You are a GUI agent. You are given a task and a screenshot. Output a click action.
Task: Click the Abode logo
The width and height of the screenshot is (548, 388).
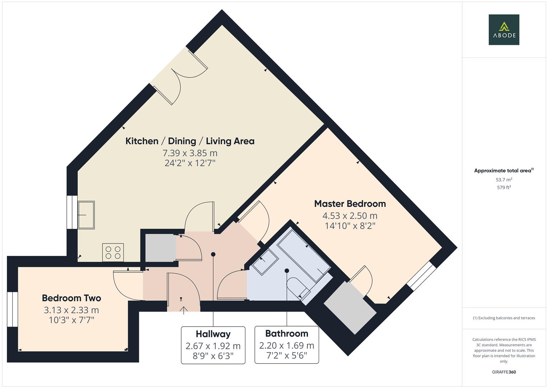click(x=503, y=29)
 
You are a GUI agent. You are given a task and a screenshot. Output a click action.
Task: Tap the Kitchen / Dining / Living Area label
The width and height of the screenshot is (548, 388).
click(x=190, y=141)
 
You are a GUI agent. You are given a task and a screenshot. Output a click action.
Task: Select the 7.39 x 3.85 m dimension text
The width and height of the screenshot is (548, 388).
click(x=190, y=153)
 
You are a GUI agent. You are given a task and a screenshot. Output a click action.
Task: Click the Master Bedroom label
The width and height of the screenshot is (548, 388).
click(x=350, y=204)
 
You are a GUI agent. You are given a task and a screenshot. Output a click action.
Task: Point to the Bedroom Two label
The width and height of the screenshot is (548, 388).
click(x=71, y=298)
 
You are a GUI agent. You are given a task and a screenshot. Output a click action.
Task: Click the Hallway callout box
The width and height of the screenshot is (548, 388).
click(x=213, y=345)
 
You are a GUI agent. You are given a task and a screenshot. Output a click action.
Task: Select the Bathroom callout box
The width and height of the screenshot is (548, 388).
click(x=286, y=345)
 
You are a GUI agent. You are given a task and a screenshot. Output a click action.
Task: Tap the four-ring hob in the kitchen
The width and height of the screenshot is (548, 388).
click(x=113, y=252)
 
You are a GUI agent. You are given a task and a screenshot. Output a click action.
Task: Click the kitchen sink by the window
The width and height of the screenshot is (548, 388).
click(x=86, y=215)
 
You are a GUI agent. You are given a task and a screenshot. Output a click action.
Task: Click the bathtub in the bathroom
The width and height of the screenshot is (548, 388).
click(x=304, y=255)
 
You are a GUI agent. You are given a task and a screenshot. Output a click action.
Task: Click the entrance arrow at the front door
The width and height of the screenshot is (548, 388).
click(x=183, y=309)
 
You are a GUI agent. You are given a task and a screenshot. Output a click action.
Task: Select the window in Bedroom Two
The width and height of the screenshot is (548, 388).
click(x=12, y=309)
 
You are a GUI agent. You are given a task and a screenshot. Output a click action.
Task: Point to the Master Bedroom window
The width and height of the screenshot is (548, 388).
click(x=421, y=276)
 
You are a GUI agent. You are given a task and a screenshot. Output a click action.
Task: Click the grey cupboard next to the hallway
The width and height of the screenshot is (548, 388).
click(x=160, y=248)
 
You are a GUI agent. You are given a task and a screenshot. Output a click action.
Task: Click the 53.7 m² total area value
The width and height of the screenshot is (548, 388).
click(x=503, y=180)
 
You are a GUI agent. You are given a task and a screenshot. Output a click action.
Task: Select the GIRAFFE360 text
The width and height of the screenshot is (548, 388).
click(x=503, y=372)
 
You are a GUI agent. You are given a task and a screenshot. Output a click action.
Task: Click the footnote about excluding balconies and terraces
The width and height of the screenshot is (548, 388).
click(x=503, y=318)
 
